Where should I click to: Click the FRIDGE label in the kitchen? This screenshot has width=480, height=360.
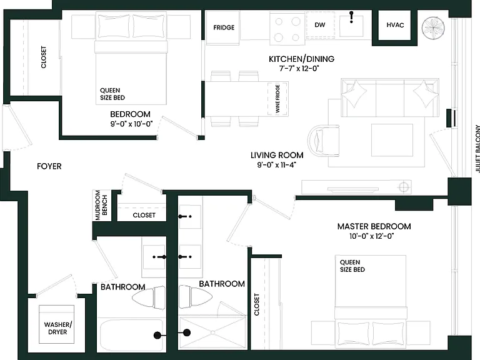[x=224, y=27]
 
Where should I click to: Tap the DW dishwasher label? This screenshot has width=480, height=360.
[x=320, y=25]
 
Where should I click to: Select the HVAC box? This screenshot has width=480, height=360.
[x=395, y=25]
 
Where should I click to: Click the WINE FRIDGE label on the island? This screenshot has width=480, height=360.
[x=277, y=99]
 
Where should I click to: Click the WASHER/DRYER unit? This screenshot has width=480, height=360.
[x=57, y=324]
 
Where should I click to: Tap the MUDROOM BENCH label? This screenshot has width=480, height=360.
[x=101, y=205]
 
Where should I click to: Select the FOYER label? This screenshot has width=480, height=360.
[x=49, y=166]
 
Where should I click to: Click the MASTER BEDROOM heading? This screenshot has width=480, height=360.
[x=374, y=226]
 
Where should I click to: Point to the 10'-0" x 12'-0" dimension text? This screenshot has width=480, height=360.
[x=372, y=236]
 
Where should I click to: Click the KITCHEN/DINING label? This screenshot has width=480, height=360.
[x=301, y=59]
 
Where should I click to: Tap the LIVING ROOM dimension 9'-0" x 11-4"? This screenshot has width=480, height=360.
[x=277, y=165]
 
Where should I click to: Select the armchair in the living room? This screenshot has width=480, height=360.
[x=324, y=141]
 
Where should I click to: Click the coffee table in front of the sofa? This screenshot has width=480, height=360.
[x=392, y=140]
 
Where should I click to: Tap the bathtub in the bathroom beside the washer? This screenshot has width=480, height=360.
[x=132, y=336]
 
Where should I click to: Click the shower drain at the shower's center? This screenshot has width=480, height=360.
[x=212, y=332]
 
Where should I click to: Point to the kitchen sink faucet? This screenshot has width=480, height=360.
[x=351, y=17]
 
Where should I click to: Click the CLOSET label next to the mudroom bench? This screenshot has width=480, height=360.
[x=144, y=215]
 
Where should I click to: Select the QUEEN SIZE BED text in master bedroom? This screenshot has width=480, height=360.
[x=352, y=266]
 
